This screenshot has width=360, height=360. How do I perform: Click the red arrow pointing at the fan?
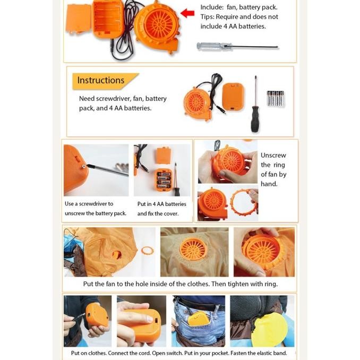coord(187,13)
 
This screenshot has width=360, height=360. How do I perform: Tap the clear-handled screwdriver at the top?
coord(237,46)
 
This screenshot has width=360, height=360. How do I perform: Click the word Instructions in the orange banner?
coord(100,80)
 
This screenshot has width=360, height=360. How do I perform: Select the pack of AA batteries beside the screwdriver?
coord(275,98)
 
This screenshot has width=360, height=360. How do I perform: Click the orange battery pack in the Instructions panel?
coord(233,97)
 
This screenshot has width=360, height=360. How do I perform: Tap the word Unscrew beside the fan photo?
coord(273,156)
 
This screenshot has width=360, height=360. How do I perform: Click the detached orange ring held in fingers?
coord(243,203)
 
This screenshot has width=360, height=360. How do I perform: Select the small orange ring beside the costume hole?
coord(147,251)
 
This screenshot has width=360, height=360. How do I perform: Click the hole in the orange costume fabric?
coord(117,254)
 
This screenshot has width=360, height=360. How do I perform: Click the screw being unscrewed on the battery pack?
coord(84,166)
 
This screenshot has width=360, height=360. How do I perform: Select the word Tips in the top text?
coord(207,17)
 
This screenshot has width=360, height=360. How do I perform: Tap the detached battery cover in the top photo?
coord(78,19)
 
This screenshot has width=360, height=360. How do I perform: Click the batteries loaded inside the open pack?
coord(163,180)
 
